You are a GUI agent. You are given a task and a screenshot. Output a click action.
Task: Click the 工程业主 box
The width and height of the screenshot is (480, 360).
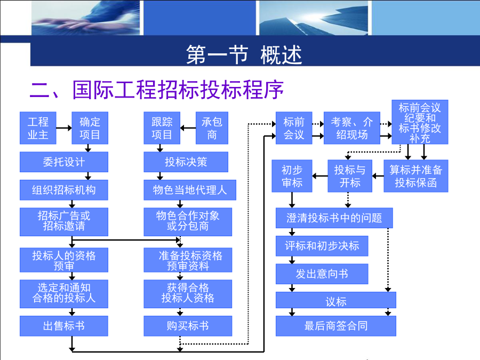pyautogui.click(x=38, y=128)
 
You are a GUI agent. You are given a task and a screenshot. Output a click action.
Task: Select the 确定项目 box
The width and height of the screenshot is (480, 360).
pyautogui.click(x=90, y=128)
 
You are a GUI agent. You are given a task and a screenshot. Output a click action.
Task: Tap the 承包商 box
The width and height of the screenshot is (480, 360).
pyautogui.click(x=212, y=128)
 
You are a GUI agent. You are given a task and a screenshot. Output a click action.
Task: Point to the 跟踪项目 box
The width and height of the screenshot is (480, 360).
pyautogui.click(x=162, y=128)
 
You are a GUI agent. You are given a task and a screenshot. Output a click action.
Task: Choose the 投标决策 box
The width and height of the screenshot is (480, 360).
pyautogui.click(x=186, y=162)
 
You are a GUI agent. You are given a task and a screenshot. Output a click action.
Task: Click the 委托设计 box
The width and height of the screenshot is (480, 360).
pyautogui.click(x=64, y=162)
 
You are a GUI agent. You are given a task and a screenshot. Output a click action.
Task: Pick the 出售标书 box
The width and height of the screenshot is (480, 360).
pyautogui.click(x=64, y=326)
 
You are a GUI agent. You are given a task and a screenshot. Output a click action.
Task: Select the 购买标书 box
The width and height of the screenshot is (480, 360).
pyautogui.click(x=188, y=326)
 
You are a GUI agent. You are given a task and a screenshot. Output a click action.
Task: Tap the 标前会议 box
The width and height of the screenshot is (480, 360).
pyautogui.click(x=294, y=128)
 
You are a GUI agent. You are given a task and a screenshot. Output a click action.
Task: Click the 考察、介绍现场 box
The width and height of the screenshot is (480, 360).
pyautogui.click(x=352, y=128)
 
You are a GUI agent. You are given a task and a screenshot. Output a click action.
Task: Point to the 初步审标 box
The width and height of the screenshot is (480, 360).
pyautogui.click(x=292, y=176)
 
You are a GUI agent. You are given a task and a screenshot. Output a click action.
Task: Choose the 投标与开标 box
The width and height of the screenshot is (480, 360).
pyautogui.click(x=350, y=176)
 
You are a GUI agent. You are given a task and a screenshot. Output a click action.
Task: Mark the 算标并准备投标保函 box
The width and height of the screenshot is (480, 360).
pyautogui.click(x=416, y=176)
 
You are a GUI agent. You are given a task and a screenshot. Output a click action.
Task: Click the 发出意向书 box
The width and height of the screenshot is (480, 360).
pyautogui.click(x=322, y=274)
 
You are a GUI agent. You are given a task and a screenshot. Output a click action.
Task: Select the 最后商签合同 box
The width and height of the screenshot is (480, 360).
pyautogui.click(x=336, y=326)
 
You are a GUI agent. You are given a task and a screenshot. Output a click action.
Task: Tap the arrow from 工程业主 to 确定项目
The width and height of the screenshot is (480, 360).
pyautogui.click(x=64, y=128)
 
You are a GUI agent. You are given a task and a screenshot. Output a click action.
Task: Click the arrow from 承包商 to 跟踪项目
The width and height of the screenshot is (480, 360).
pyautogui.click(x=188, y=128)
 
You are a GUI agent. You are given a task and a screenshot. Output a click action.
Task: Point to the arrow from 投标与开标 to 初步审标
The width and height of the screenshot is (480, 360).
pyautogui.click(x=320, y=176)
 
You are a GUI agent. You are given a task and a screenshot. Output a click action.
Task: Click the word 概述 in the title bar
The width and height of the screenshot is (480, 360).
pyautogui.click(x=281, y=55)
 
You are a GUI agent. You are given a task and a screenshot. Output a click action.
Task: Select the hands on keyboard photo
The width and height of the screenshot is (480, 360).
pyautogui.click(x=86, y=18)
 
